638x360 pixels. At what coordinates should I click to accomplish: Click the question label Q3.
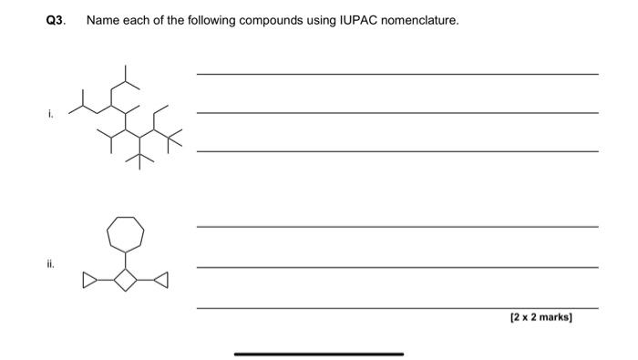56,19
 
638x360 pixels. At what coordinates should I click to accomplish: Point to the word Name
102,19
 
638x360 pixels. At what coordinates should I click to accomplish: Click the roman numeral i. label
51,114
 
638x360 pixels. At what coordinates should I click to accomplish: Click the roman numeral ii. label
52,265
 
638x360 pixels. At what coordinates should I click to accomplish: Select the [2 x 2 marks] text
540,318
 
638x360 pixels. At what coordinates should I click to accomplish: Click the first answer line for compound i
397,74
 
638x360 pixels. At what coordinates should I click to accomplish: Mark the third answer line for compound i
397,150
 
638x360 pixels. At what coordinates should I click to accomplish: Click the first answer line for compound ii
397,226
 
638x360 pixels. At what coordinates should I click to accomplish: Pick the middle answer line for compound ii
397,267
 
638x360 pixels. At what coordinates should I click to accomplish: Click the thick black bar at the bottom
318,354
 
